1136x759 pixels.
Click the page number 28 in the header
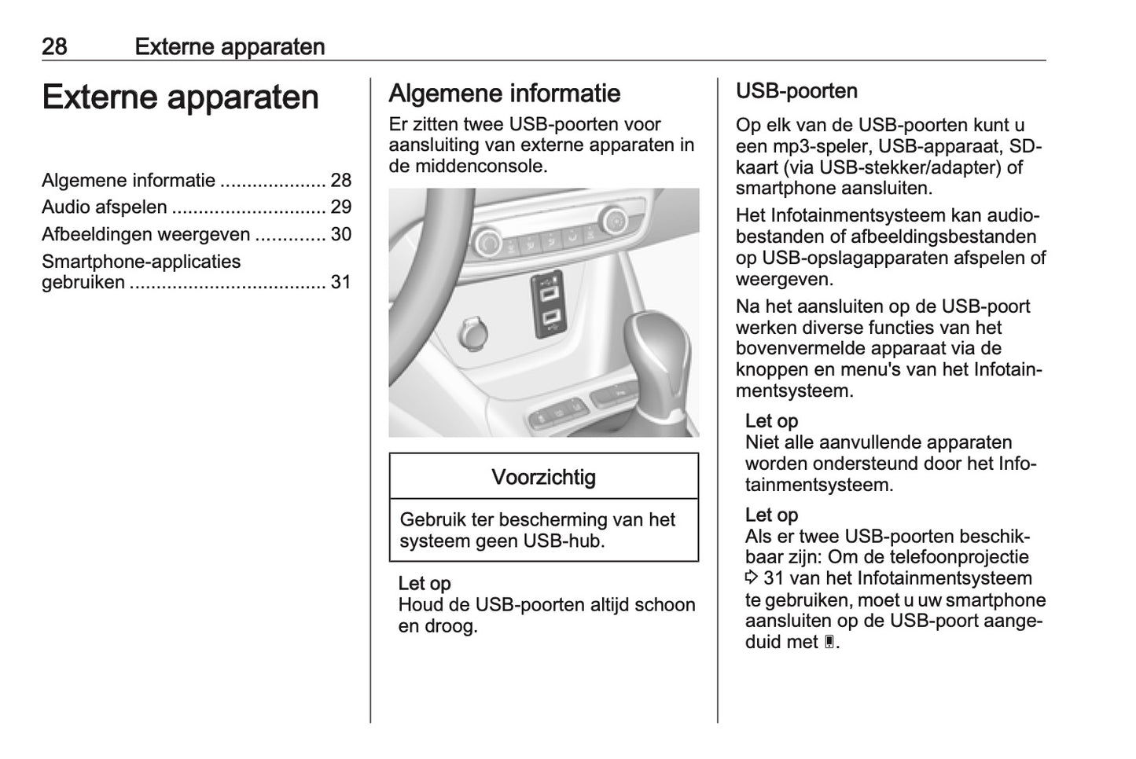(54, 46)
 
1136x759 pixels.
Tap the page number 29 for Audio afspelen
(340, 207)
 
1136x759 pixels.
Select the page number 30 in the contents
(340, 234)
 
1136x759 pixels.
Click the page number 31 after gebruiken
(340, 282)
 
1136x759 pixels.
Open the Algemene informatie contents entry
(128, 181)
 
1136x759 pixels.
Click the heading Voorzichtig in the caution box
(543, 477)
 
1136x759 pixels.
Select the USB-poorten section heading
(796, 91)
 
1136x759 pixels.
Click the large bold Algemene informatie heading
(504, 93)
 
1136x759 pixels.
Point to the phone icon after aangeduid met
(829, 643)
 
